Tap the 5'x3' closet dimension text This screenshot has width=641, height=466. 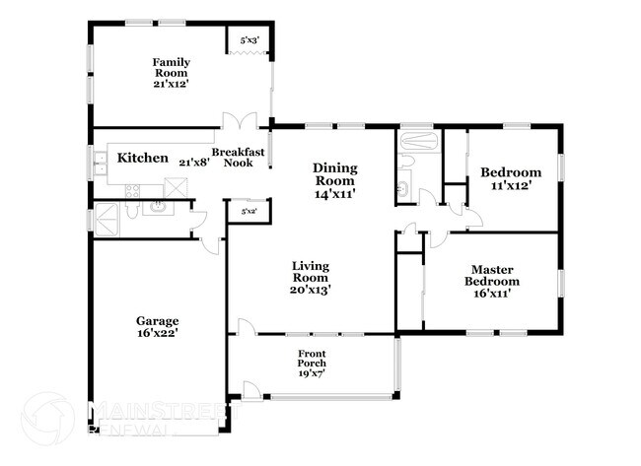250,40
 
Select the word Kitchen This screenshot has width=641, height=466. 136,158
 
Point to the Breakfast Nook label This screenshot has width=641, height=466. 238,157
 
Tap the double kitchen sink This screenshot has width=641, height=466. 101,164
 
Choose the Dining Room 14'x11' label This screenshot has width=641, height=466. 334,180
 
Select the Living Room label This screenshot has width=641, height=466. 310,277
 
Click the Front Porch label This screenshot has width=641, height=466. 312,363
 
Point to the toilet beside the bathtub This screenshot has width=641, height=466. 404,187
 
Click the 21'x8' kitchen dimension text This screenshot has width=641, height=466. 192,162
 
